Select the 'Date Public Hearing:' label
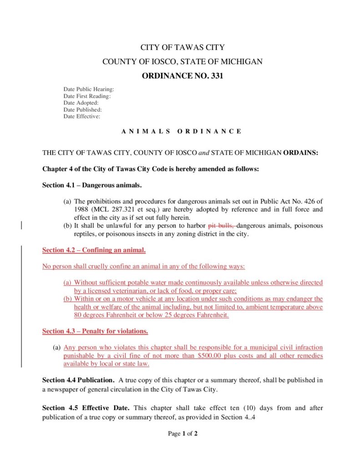(88, 89)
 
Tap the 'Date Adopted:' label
(81, 103)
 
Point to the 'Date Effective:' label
(81, 116)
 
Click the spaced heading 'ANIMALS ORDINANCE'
(182, 131)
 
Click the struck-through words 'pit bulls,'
(221, 226)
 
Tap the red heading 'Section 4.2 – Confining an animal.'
(94, 250)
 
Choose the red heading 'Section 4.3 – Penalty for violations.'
(95, 331)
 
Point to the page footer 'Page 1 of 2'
(183, 434)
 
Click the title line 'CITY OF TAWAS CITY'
(182, 47)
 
